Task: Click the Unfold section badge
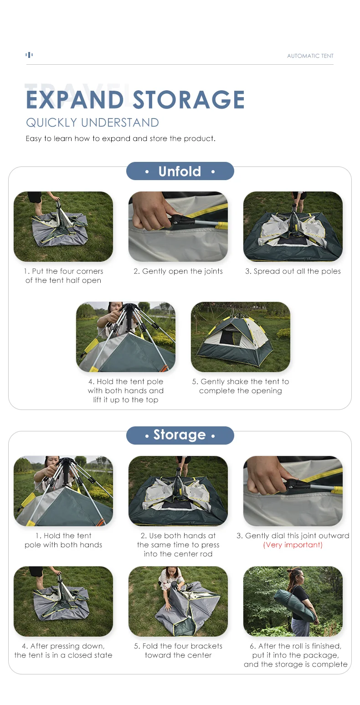180,171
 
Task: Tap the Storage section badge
180,435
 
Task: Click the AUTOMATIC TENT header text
310,56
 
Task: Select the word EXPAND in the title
75,99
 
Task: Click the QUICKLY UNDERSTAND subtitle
93,122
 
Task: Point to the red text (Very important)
293,545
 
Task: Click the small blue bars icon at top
29,55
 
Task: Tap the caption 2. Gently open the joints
178,271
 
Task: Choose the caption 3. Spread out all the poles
293,271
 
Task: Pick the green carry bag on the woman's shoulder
294,606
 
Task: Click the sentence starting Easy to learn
121,139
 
